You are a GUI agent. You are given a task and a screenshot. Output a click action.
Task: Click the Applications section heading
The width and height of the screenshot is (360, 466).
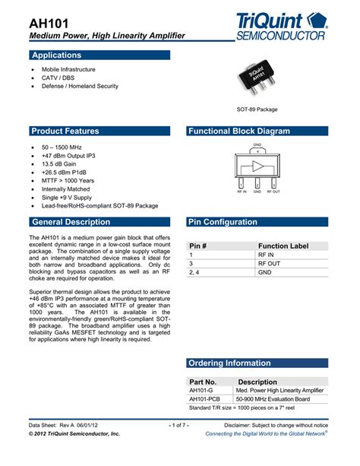56,55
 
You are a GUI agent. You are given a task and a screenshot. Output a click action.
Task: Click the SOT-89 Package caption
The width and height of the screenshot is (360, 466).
257,109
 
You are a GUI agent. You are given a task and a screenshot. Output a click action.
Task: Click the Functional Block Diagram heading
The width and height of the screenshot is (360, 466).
238,132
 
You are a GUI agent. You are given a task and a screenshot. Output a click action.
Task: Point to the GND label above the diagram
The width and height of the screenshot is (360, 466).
257,144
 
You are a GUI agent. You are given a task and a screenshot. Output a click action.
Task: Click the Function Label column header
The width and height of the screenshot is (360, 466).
283,246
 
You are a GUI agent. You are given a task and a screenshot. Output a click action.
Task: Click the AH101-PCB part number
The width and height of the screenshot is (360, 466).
204,398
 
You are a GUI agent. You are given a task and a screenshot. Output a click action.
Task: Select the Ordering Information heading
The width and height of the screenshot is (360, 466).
229,363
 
